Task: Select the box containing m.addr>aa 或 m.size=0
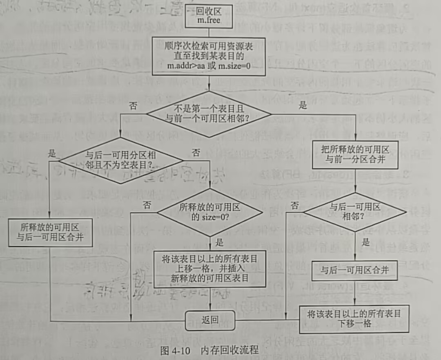point(209,56)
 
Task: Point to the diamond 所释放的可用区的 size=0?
point(210,212)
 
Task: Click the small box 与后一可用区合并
point(354,270)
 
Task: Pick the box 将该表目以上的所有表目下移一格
point(354,319)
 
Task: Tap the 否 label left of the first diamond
point(133,106)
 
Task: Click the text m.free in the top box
point(209,20)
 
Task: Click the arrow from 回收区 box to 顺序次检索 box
point(209,32)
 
